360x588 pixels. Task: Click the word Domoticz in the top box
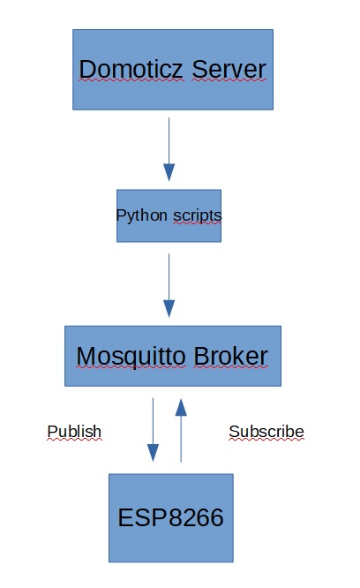[x=131, y=69]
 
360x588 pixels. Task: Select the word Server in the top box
[x=229, y=69]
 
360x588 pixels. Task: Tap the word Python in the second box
[x=141, y=216]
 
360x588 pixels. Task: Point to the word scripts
[x=197, y=216]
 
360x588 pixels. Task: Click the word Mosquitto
[x=131, y=357]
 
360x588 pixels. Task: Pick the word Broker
[x=230, y=356]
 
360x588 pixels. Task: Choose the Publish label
[x=74, y=432]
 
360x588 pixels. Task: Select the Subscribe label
[x=266, y=432]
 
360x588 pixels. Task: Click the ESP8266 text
[x=170, y=517]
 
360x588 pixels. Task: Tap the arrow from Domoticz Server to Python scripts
[x=169, y=149]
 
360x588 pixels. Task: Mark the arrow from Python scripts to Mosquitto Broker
[x=169, y=285]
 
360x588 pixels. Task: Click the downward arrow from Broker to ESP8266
[x=153, y=430]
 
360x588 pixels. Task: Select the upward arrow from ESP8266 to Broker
[x=181, y=430]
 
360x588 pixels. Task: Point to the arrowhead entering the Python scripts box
[x=169, y=172]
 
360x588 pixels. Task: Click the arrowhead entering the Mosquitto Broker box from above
[x=169, y=309]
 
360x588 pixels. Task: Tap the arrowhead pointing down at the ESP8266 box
[x=153, y=453]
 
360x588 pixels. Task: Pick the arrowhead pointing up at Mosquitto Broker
[x=181, y=407]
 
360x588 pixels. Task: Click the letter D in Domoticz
[x=86, y=69]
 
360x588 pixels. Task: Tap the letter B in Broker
[x=201, y=356]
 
